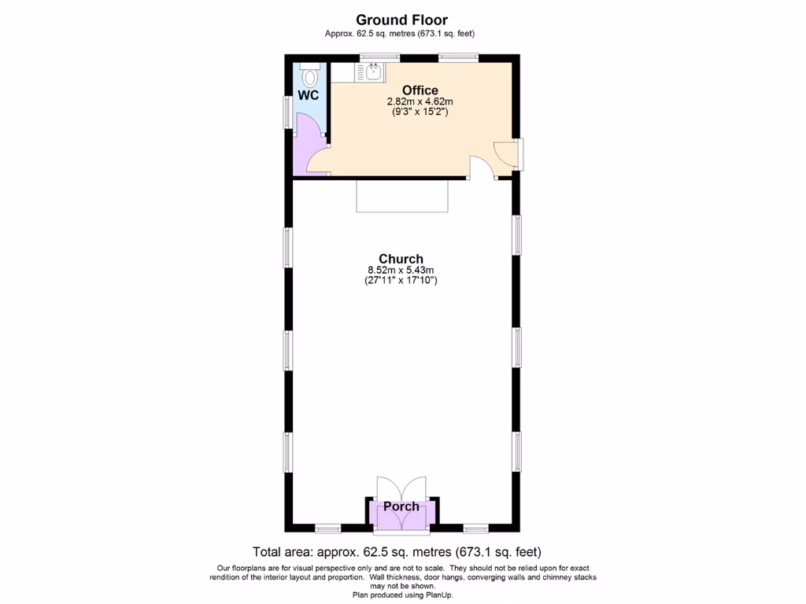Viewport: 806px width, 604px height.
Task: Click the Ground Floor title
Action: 401,20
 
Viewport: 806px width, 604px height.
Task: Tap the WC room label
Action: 309,95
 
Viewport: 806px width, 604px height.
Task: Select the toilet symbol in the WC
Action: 310,75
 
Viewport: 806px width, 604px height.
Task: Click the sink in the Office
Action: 373,73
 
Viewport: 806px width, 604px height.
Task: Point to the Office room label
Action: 420,90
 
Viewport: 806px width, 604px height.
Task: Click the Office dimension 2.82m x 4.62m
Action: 420,101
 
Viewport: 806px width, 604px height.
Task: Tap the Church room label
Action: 401,259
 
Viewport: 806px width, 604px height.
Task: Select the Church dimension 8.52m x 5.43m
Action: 401,270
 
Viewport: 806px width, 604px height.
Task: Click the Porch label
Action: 401,506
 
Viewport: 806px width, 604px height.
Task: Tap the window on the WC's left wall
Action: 287,111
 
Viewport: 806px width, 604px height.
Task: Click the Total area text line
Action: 397,552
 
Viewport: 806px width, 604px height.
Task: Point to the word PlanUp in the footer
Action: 438,595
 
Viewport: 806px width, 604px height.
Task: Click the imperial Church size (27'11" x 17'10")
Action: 401,280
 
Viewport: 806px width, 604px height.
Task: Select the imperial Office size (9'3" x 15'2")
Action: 420,112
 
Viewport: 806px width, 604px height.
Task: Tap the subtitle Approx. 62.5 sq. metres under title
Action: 400,33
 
